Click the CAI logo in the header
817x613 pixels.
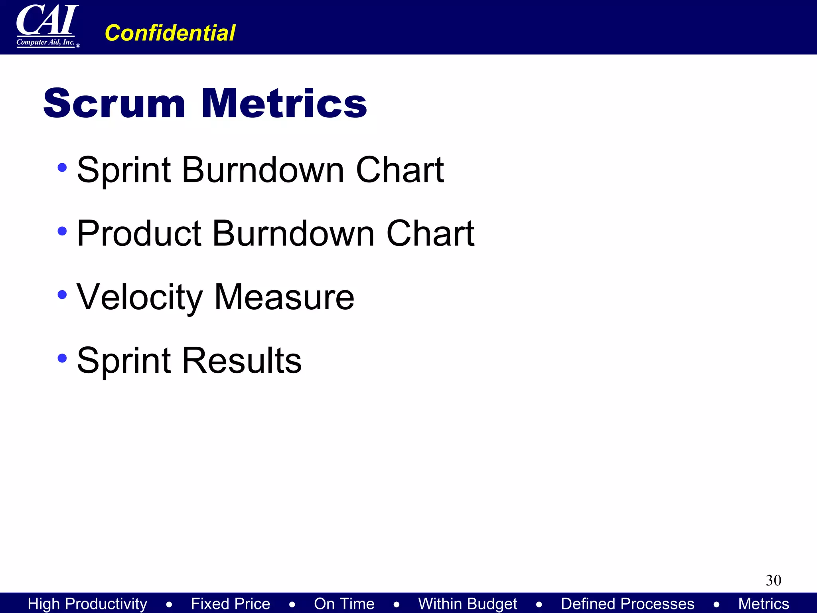47,26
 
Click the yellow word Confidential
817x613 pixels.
170,33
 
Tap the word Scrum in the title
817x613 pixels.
114,103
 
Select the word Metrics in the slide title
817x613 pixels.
284,103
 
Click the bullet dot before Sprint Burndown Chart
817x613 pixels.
62,168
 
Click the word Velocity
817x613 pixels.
140,297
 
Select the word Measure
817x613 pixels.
284,297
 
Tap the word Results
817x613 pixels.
242,360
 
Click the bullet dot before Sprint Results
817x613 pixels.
62,358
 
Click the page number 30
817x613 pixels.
773,580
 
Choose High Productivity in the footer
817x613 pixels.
87,603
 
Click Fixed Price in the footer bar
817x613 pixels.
230,603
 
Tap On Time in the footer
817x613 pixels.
344,603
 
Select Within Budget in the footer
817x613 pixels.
468,603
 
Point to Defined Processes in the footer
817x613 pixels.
628,603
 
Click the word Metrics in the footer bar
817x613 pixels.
763,603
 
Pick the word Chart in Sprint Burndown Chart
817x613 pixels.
399,170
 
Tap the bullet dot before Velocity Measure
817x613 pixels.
62,295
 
